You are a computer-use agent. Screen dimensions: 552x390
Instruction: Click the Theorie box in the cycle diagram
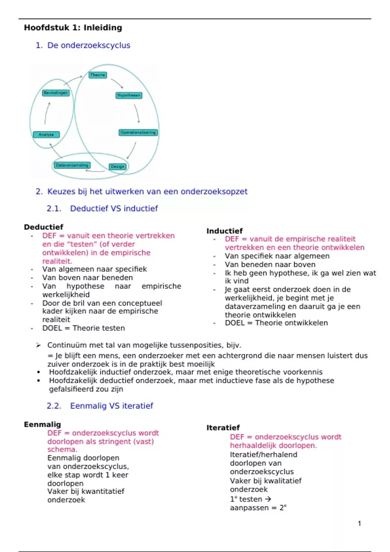(x=98, y=75)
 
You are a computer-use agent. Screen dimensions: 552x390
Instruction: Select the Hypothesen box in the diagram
(x=129, y=95)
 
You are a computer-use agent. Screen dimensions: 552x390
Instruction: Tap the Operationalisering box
(x=138, y=132)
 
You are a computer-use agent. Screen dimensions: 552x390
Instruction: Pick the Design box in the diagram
(x=117, y=167)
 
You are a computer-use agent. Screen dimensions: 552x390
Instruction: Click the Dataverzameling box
(x=72, y=165)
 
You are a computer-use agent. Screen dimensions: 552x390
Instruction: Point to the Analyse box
(x=46, y=134)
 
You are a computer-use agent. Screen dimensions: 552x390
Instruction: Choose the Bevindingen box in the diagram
(x=56, y=93)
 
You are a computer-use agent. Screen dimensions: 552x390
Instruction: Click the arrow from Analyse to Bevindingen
(x=47, y=113)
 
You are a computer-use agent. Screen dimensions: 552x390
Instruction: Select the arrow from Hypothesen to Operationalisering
(x=137, y=113)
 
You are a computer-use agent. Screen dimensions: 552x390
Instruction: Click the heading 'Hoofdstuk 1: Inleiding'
(x=73, y=28)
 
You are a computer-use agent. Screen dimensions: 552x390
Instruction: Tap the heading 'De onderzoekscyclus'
(x=89, y=45)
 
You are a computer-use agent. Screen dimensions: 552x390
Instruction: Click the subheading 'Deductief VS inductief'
(x=114, y=208)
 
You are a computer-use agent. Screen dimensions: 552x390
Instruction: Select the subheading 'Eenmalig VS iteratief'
(x=111, y=406)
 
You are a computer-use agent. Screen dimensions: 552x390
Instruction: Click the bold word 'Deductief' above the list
(x=44, y=227)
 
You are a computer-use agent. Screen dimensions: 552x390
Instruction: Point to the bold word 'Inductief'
(x=225, y=231)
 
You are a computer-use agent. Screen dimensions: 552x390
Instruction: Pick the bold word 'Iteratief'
(x=223, y=428)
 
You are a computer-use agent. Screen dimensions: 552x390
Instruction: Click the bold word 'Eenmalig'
(x=42, y=424)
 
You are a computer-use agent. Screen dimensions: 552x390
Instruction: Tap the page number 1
(x=359, y=523)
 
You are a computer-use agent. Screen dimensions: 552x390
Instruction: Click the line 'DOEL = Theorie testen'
(x=84, y=328)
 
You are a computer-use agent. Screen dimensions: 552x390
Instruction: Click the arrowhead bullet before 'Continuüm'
(x=38, y=345)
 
